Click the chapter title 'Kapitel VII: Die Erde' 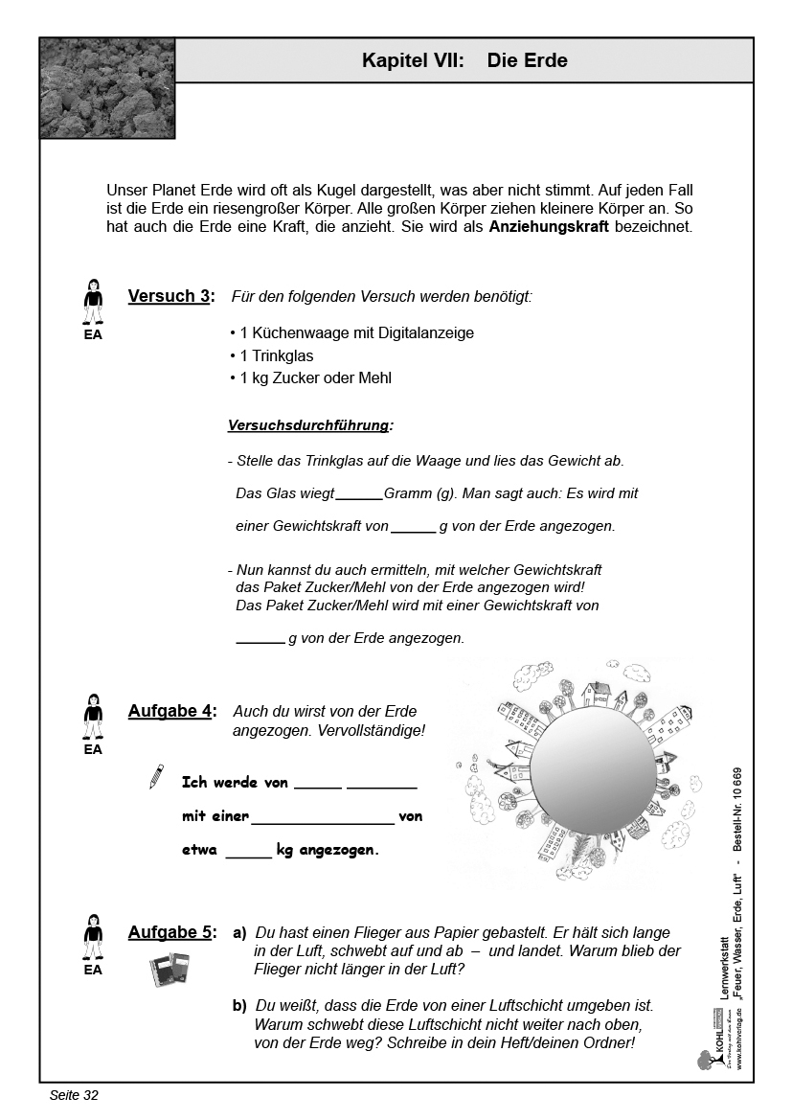[x=464, y=60]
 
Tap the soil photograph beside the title [x=107, y=88]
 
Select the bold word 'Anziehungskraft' [x=549, y=228]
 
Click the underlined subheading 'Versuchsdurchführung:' [x=310, y=424]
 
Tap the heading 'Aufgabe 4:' [x=172, y=712]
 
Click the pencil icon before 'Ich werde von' [x=156, y=777]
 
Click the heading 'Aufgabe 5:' [x=172, y=932]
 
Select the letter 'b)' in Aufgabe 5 [x=239, y=1006]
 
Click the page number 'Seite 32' [x=74, y=1095]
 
